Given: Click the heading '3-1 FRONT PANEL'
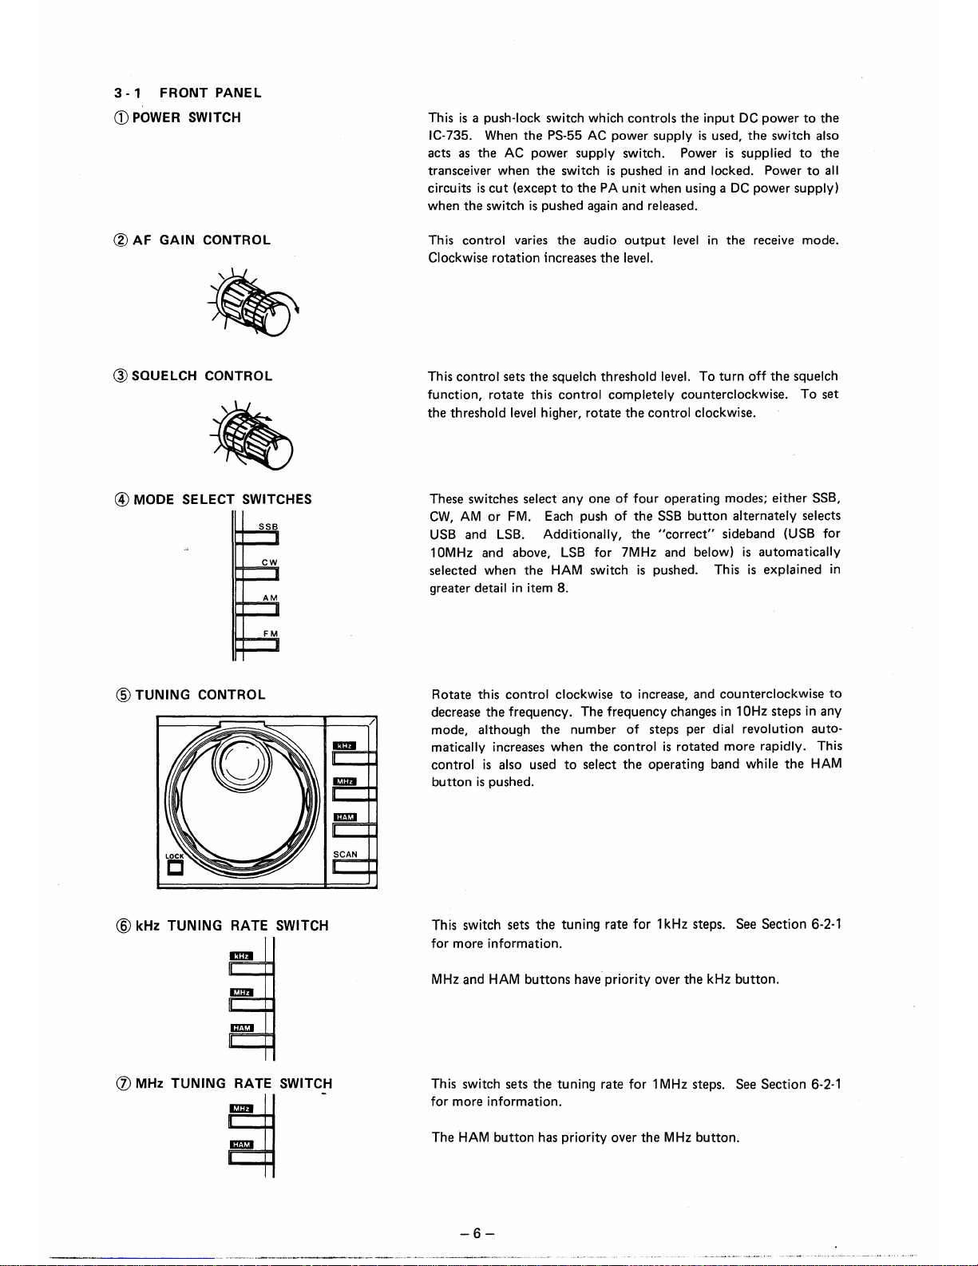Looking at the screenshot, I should [187, 93].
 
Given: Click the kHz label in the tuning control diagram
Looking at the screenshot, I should [344, 745].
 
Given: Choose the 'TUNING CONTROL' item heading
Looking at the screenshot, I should [200, 695].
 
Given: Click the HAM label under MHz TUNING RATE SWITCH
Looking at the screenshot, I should [241, 1145].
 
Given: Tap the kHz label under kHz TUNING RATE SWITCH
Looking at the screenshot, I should [241, 956].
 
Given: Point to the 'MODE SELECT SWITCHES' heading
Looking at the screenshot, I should [223, 500].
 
